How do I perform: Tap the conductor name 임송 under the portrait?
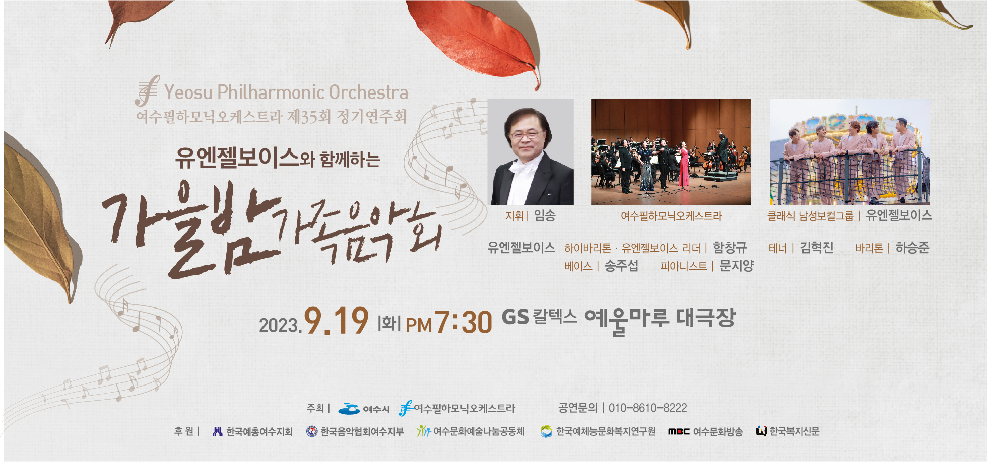coord(545,216)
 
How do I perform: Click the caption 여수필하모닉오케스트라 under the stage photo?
coord(671,216)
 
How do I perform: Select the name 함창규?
coord(730,248)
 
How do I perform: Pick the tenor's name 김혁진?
coord(817,248)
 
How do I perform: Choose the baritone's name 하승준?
coord(912,248)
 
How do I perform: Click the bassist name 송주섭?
coord(621,266)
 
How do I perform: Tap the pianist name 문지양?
coord(736,266)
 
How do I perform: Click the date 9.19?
coord(336,321)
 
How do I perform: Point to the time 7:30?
coord(463,322)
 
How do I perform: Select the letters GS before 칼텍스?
coord(515,317)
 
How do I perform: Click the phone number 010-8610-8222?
coord(647,408)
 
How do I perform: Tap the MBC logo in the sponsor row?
coord(679,431)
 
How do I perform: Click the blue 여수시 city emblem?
coord(349,409)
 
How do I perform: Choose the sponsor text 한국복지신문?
coord(795,431)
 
